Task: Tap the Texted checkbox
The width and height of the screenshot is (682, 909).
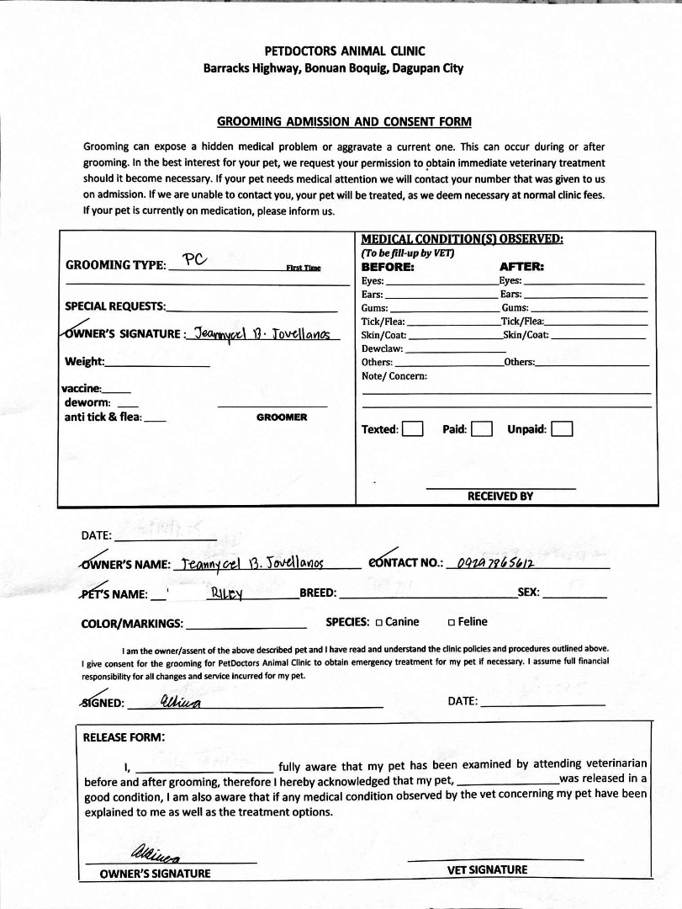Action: click(412, 429)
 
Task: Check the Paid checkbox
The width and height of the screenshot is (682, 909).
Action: click(481, 429)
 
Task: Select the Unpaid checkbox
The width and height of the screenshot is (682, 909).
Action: click(562, 429)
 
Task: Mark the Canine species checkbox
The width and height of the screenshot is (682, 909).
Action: click(379, 623)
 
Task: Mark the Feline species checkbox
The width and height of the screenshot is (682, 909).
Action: click(452, 623)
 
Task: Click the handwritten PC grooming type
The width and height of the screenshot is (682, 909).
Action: click(194, 259)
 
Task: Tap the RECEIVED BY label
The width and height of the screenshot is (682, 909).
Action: click(500, 496)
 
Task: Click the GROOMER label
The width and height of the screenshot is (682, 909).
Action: click(282, 417)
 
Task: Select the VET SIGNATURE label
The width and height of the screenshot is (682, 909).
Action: click(488, 869)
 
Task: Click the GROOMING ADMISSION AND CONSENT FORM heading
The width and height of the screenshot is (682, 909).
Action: click(344, 121)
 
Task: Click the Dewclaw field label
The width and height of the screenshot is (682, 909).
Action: click(383, 348)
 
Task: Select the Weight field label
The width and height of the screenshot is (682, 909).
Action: click(85, 362)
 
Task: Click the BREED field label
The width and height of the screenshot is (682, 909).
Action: click(318, 593)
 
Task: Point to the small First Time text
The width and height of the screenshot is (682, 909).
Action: click(303, 268)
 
